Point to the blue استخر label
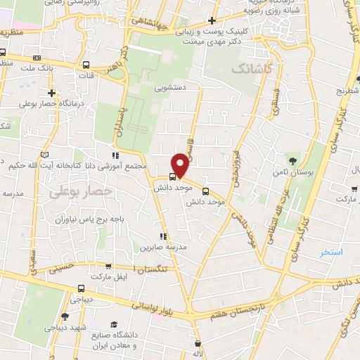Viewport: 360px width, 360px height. point(329,252)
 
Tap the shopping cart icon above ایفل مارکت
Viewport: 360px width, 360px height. point(108,266)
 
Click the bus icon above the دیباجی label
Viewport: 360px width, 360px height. point(82,288)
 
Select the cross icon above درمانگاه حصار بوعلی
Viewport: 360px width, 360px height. point(51,93)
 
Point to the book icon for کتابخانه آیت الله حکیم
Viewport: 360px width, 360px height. point(46,155)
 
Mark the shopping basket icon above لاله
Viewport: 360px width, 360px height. point(201,342)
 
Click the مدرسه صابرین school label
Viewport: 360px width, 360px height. point(162,247)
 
